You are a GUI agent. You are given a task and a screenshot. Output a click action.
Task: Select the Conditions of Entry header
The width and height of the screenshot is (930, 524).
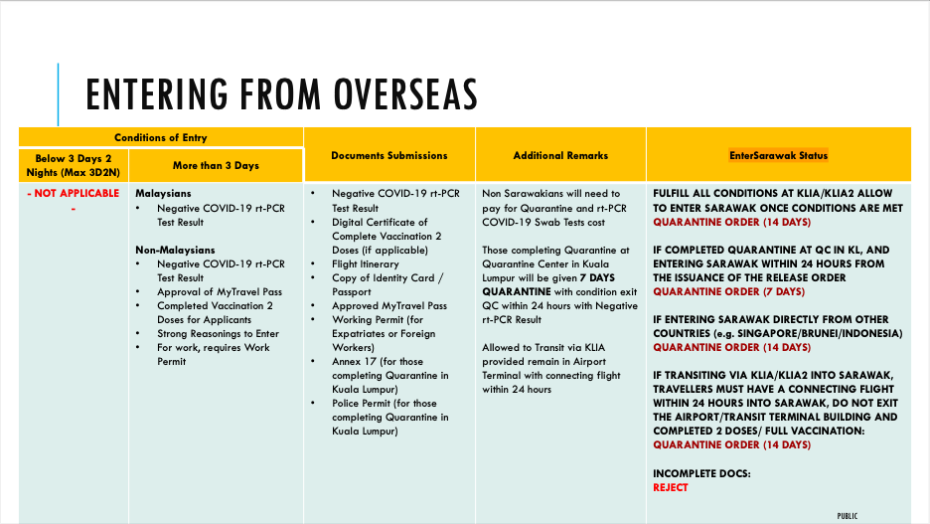point(160,137)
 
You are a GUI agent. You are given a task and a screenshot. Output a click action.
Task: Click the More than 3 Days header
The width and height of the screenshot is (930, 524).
point(216,165)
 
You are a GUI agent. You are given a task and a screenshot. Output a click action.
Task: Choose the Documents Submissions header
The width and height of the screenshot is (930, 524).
point(388,155)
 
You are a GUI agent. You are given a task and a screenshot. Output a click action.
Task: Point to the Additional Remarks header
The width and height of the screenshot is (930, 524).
point(560,155)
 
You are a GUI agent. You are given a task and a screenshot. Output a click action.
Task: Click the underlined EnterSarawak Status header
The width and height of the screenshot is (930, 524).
point(778,155)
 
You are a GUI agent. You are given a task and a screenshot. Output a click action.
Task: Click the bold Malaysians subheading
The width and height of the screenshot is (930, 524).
point(163,193)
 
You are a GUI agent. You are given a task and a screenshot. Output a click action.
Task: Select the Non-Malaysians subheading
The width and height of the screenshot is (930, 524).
point(175,250)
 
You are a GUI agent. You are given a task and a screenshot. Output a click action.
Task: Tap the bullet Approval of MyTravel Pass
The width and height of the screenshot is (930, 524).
point(219,291)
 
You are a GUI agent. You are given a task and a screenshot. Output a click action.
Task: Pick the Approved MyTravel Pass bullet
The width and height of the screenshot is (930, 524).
point(389,305)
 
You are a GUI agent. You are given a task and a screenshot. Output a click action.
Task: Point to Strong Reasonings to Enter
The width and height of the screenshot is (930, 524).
point(218,333)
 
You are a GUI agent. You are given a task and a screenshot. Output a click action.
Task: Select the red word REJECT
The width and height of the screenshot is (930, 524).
point(670,487)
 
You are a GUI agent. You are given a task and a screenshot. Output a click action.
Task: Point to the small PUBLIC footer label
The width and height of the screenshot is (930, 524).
point(848,515)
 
